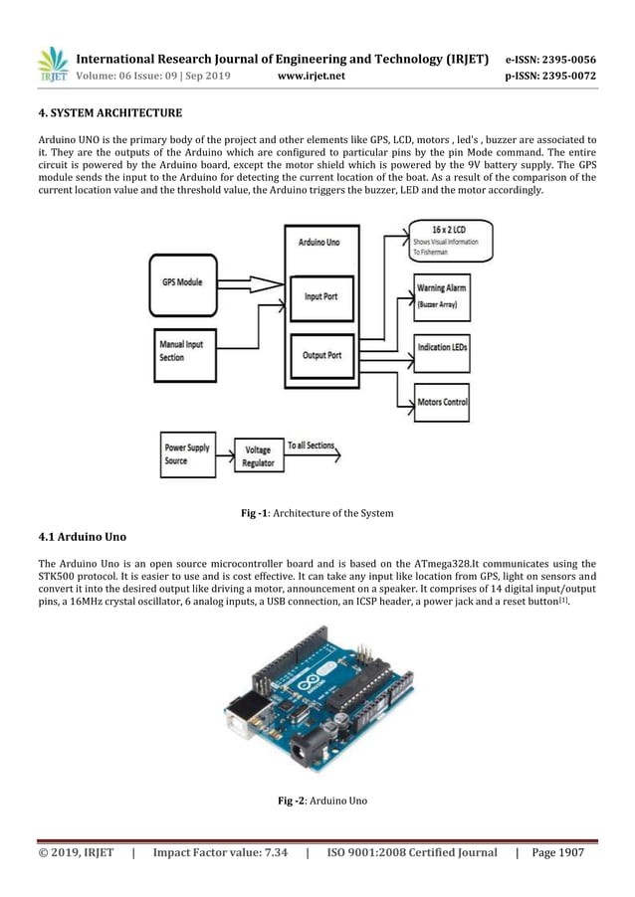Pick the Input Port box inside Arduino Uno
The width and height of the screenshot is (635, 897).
[x=318, y=297]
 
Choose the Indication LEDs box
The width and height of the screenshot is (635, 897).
[x=442, y=348]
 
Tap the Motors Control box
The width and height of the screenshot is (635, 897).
[x=442, y=402]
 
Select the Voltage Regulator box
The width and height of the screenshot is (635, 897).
[x=258, y=457]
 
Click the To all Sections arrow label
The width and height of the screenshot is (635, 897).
[x=311, y=446]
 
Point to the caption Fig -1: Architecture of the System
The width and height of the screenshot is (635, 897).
[x=317, y=513]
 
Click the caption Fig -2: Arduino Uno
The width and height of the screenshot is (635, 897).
[x=317, y=802]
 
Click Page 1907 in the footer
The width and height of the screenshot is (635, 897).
[x=557, y=852]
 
